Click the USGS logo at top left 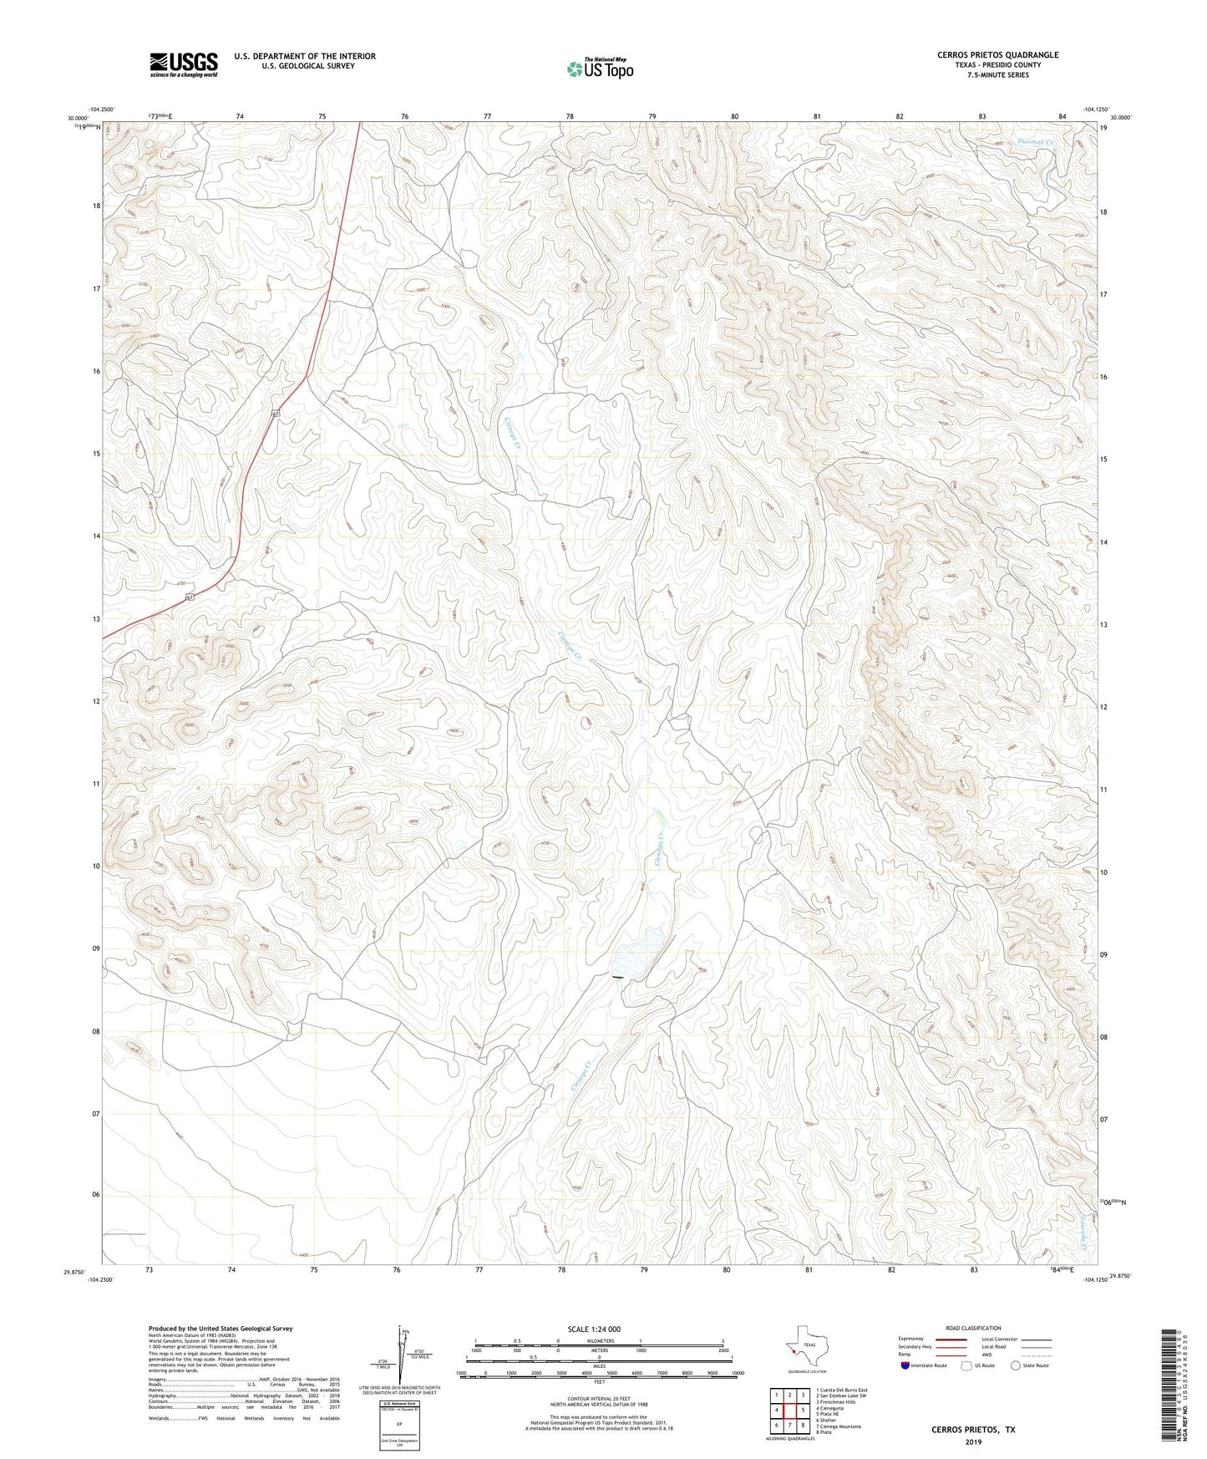[183, 64]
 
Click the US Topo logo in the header [599, 69]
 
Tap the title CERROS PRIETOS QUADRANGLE [997, 55]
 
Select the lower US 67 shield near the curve [190, 597]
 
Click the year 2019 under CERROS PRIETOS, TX [973, 1441]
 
